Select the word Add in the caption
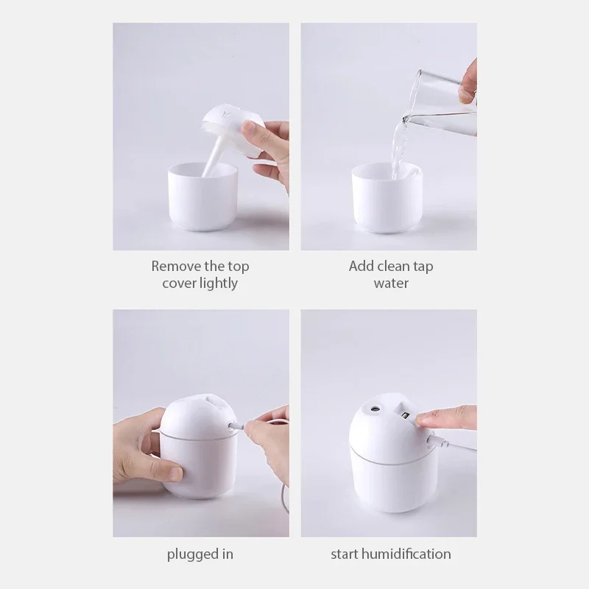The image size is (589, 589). [361, 266]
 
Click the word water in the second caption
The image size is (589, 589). [390, 283]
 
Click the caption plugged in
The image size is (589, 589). [200, 554]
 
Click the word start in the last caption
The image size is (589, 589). [346, 554]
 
